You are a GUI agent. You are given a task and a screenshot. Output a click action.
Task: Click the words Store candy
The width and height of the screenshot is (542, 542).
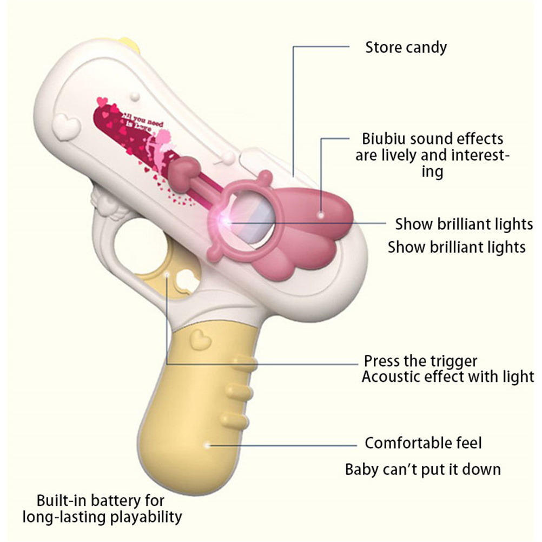tap(406, 48)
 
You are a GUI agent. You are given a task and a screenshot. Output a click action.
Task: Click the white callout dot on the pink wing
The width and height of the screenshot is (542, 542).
tap(321, 215)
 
